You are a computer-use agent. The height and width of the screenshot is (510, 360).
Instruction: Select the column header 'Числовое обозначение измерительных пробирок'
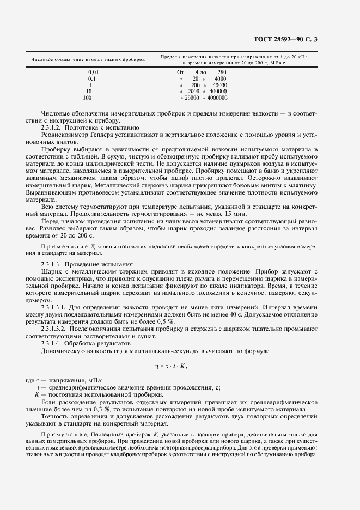coord(88,59)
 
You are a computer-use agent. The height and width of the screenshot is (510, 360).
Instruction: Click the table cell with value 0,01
coord(94,72)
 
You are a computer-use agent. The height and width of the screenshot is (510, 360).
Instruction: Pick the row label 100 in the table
coord(87,98)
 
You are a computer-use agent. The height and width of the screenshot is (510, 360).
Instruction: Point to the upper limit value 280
coord(222,72)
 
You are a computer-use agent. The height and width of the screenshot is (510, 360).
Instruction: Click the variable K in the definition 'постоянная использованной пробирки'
coord(37,394)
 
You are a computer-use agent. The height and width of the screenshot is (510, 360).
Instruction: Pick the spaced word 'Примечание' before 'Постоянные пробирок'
coord(64,434)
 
